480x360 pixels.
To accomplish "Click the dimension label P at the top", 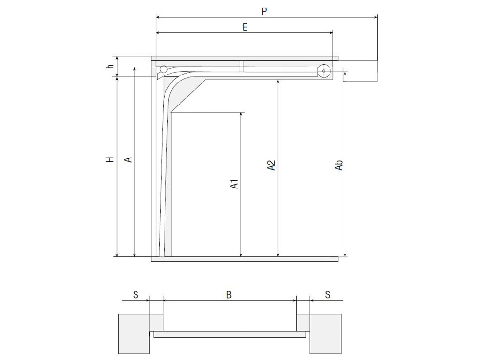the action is point(264,11).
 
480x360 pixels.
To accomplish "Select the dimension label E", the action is point(245,27).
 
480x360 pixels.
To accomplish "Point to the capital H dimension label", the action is point(110,159).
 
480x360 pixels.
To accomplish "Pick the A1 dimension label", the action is point(234,184).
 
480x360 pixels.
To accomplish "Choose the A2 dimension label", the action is point(271,165).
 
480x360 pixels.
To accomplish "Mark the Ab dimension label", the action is point(339,165).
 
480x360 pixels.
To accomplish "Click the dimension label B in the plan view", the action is point(229,294).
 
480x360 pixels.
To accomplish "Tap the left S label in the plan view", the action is point(135,294).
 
